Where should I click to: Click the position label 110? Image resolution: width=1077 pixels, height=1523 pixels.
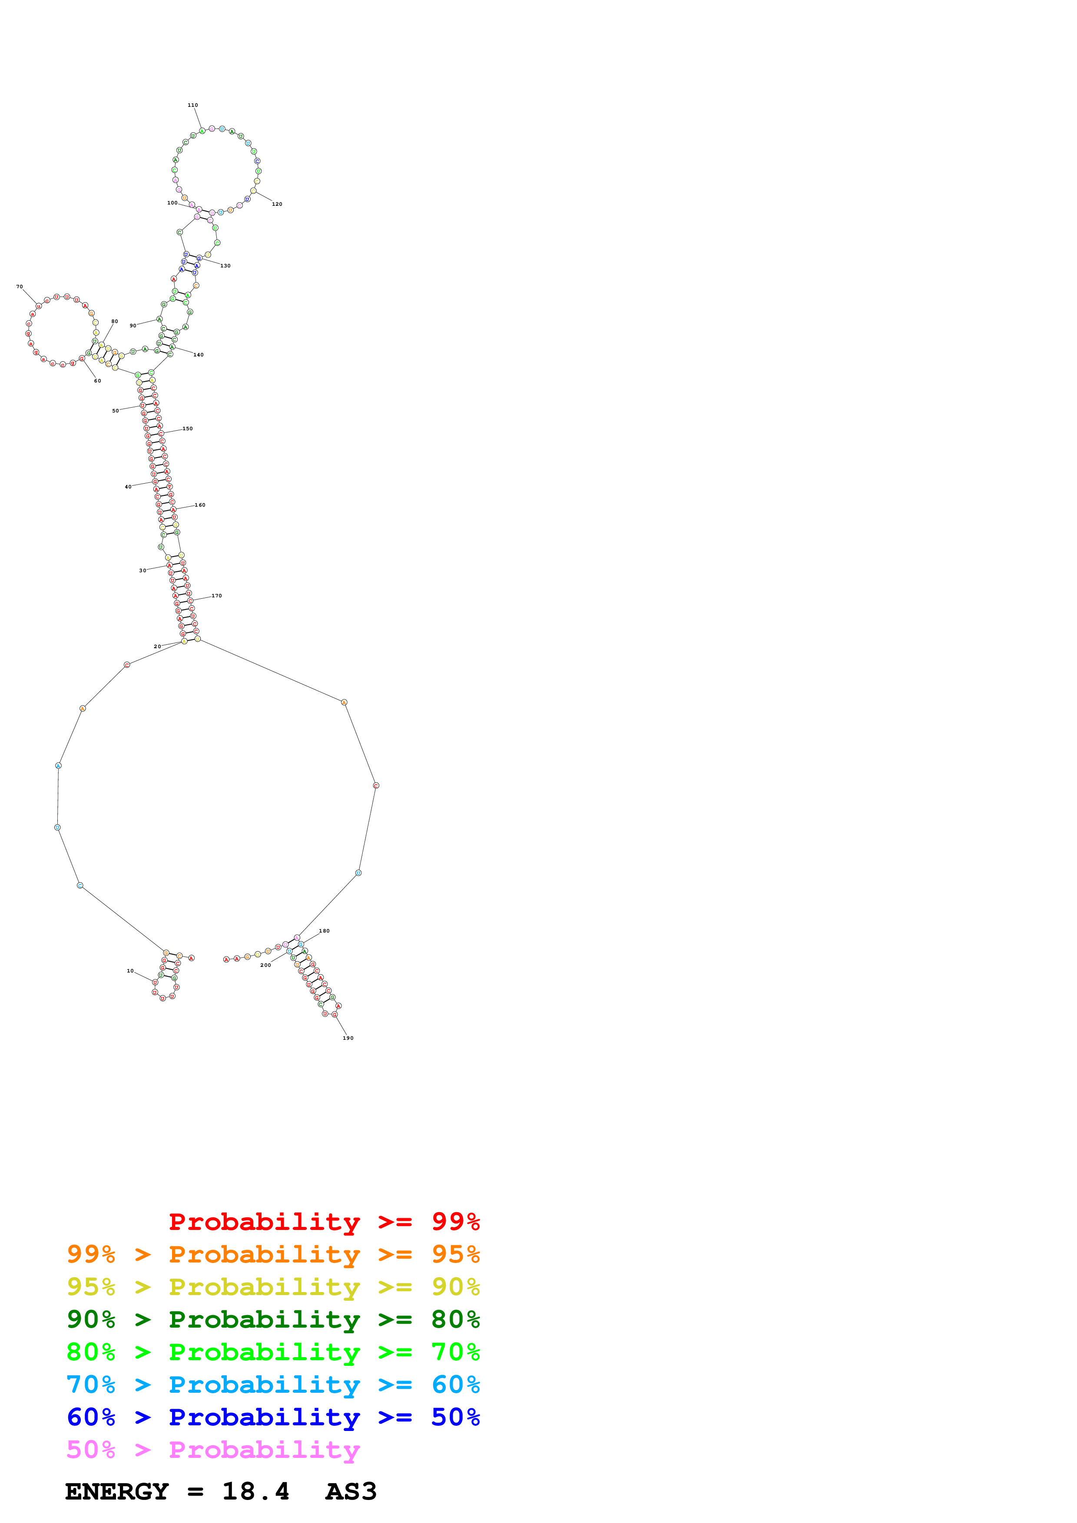point(192,105)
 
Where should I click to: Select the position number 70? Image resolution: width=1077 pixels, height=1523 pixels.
point(19,287)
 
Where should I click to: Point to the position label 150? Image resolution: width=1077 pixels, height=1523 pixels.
point(188,429)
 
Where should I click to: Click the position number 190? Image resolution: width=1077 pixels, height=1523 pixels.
point(348,1038)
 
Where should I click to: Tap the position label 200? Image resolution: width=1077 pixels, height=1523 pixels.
point(265,965)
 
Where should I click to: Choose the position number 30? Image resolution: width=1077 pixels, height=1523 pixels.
point(142,570)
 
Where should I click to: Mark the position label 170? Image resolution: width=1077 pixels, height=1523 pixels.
point(217,596)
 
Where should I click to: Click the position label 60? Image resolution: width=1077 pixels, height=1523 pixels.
point(98,381)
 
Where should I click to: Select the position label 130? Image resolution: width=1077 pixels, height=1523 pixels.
point(225,265)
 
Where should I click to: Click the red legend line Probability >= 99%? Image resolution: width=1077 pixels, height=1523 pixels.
point(324,1221)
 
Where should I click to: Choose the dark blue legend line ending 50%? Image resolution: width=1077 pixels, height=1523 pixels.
point(273,1417)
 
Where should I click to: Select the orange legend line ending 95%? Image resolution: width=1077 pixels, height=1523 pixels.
point(273,1254)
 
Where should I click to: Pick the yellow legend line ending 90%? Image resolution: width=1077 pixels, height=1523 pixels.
point(273,1286)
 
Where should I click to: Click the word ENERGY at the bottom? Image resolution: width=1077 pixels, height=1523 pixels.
point(117,1492)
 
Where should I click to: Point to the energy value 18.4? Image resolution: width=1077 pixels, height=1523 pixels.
point(255,1492)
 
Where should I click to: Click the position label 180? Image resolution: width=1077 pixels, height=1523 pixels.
point(324,931)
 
